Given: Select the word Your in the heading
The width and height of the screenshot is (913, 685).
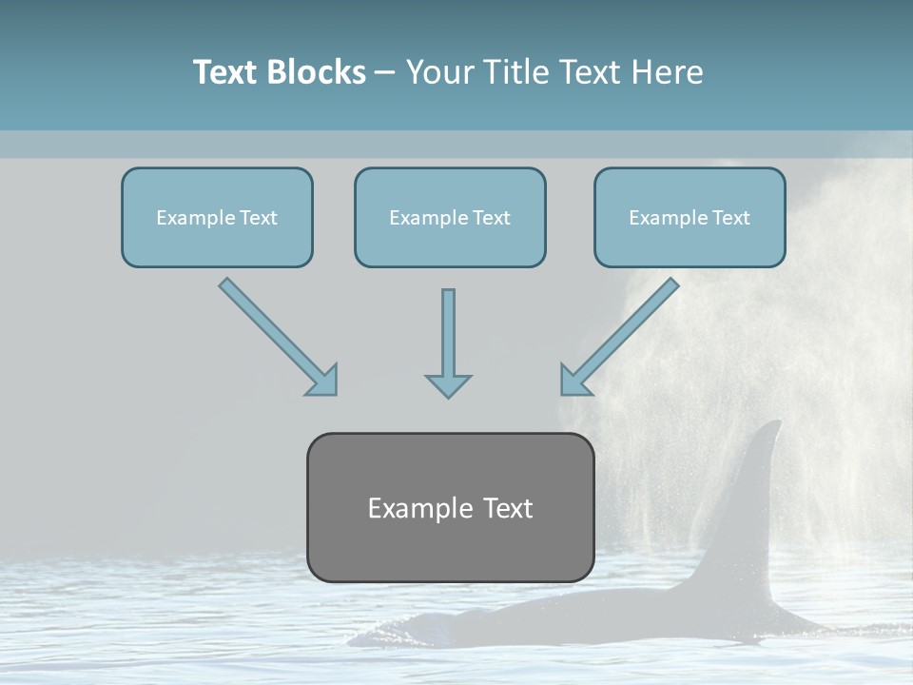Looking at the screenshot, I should (x=438, y=72).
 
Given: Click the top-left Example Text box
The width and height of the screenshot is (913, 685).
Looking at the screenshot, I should (x=217, y=217).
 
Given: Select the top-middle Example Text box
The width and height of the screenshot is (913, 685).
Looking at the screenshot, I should (x=450, y=217).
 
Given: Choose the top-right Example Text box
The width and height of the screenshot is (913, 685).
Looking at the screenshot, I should (x=690, y=217).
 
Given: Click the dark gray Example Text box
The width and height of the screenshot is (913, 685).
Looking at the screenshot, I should (x=450, y=507).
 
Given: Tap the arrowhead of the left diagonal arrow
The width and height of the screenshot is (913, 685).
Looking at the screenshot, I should (x=322, y=380).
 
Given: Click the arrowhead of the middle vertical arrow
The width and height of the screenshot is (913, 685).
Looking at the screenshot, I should (x=448, y=385).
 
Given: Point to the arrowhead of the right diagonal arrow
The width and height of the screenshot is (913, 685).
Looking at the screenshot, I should (x=574, y=380).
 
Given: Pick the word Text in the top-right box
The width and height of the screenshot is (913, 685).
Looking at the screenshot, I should (x=730, y=218).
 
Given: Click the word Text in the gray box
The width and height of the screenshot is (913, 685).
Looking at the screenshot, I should (x=506, y=508).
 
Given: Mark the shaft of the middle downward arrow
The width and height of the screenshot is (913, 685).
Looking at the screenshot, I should (x=448, y=328).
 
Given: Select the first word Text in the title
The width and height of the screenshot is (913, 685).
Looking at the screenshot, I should (x=226, y=72).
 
